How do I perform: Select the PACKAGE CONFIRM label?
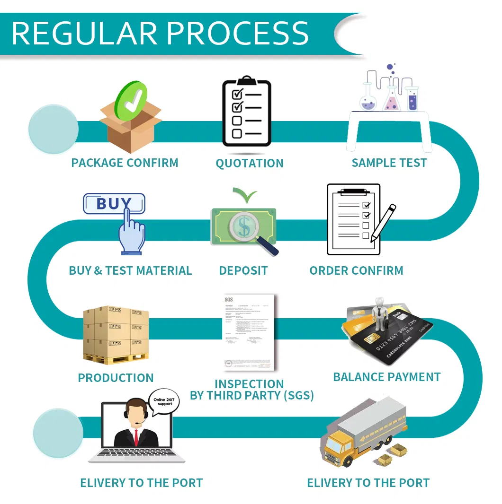click(125, 163)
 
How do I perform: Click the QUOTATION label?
click(250, 164)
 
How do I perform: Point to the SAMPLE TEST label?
click(389, 163)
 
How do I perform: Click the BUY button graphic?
click(114, 204)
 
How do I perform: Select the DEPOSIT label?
click(243, 271)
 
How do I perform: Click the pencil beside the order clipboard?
click(384, 222)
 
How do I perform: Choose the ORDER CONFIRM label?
click(356, 271)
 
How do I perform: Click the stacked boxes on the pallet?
click(116, 333)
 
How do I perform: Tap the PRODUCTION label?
click(116, 378)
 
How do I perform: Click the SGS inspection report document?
click(249, 332)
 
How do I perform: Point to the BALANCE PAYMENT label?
click(387, 377)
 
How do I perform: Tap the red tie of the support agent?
click(136, 437)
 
